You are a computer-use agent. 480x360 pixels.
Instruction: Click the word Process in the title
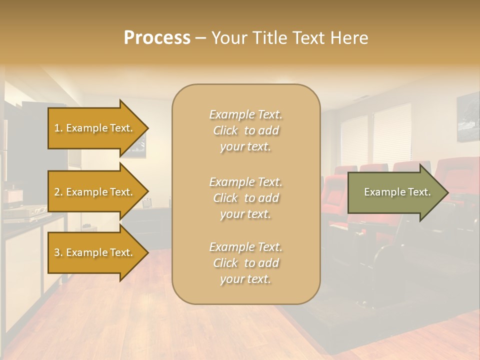point(157,38)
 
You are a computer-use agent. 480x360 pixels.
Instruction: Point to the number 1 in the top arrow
point(57,128)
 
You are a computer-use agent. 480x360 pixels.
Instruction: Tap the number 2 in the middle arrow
point(57,192)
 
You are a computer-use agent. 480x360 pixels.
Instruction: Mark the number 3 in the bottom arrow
point(57,252)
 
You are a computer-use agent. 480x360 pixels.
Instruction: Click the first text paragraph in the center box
point(245,130)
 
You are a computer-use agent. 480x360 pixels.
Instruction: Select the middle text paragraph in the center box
point(245,198)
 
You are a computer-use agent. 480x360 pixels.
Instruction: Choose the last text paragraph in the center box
point(245,263)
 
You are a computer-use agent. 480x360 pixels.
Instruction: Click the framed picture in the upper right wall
point(468,117)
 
